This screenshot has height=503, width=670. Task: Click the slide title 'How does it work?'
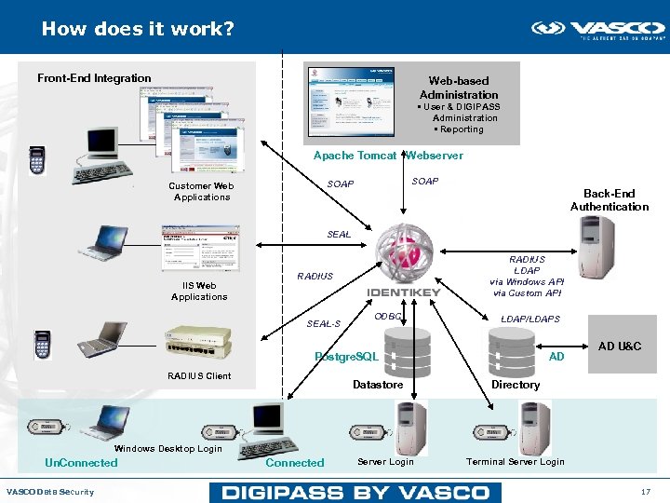(138, 29)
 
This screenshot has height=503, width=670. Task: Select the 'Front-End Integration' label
(94, 78)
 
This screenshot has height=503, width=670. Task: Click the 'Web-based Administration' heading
(459, 88)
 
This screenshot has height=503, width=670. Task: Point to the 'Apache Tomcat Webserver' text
(387, 156)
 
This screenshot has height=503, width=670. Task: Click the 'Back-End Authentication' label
(609, 200)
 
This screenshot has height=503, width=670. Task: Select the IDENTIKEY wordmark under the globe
(404, 292)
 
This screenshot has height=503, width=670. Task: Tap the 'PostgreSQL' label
(347, 357)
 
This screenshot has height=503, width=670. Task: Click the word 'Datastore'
(378, 385)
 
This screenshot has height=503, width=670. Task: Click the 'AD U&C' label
(619, 347)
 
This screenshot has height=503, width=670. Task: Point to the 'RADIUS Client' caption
(199, 376)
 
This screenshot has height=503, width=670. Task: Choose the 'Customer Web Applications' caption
(201, 191)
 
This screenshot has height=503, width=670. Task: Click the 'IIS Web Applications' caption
(199, 291)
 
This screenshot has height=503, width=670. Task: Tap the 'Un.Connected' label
(82, 463)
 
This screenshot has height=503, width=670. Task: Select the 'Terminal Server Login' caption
(515, 462)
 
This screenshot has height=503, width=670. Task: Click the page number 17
(645, 492)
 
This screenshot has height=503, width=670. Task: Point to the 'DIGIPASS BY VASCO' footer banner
(355, 492)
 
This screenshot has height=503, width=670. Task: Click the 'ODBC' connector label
(387, 318)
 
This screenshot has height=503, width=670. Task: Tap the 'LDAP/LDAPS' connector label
(530, 319)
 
